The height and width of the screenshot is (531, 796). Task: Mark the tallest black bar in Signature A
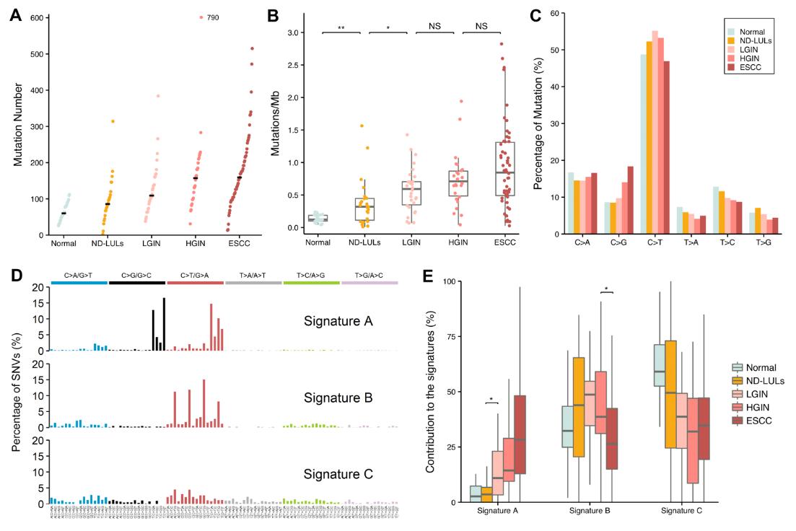point(165,324)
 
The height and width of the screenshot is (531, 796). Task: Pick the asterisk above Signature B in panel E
point(606,289)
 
